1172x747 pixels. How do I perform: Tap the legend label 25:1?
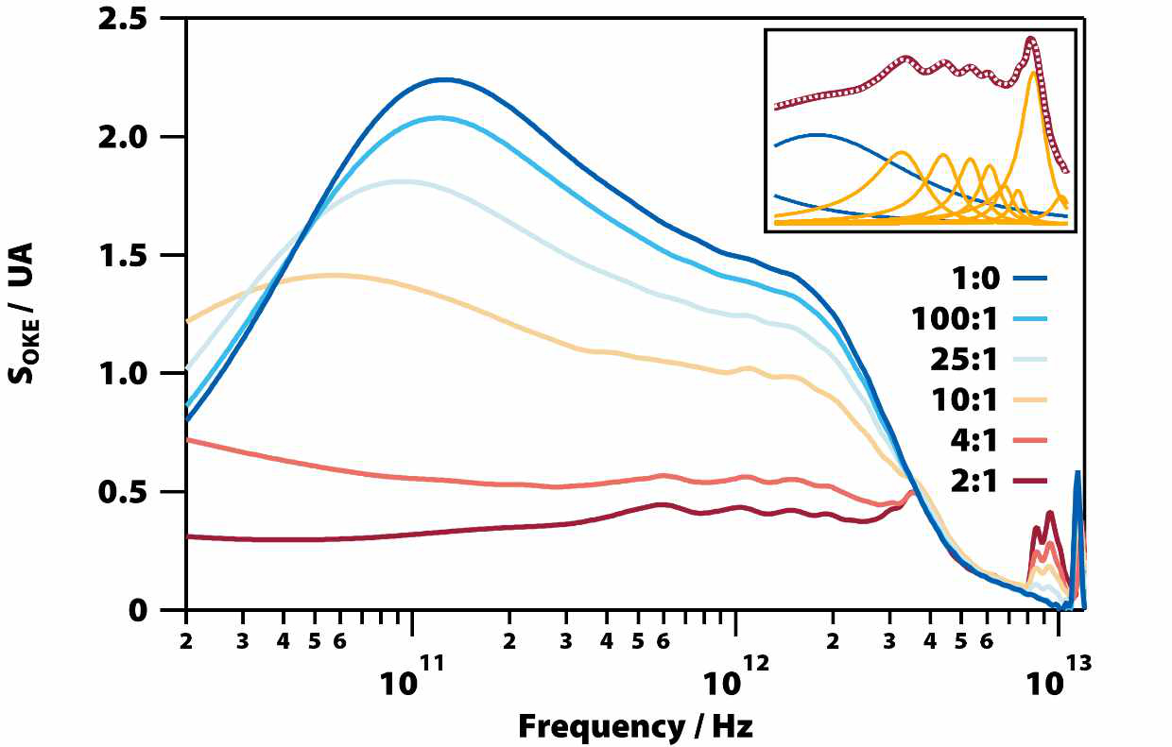click(963, 360)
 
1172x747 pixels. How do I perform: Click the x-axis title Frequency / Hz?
click(635, 725)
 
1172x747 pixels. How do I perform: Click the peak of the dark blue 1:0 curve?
click(442, 79)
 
